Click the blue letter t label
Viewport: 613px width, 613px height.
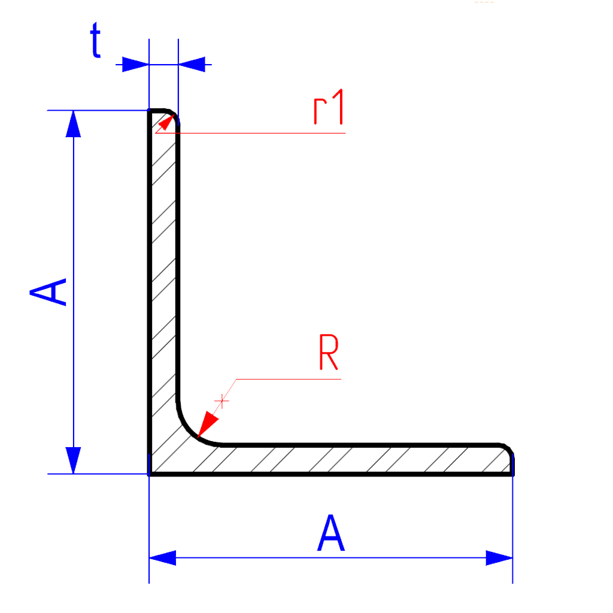(x=96, y=40)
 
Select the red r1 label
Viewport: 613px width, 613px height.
(x=329, y=107)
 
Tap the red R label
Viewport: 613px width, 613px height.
(x=329, y=352)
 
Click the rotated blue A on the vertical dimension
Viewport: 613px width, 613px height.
(x=48, y=292)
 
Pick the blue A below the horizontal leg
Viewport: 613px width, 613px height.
(x=330, y=532)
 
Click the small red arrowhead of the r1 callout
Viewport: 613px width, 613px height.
(x=166, y=122)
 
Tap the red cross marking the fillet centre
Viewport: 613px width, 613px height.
(x=221, y=401)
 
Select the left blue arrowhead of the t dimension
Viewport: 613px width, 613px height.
(x=135, y=65)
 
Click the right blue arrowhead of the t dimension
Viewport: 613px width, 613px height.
(x=192, y=65)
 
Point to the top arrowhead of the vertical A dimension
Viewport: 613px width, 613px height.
(x=74, y=124)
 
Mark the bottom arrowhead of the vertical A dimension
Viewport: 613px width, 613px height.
(x=74, y=460)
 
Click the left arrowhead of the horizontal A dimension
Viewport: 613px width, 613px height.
(x=163, y=558)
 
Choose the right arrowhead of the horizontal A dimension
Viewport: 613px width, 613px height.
(x=499, y=558)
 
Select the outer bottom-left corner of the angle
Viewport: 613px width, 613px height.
(x=149, y=474)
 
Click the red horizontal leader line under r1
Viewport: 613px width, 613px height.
(x=250, y=133)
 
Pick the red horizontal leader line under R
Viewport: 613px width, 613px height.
(x=289, y=379)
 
